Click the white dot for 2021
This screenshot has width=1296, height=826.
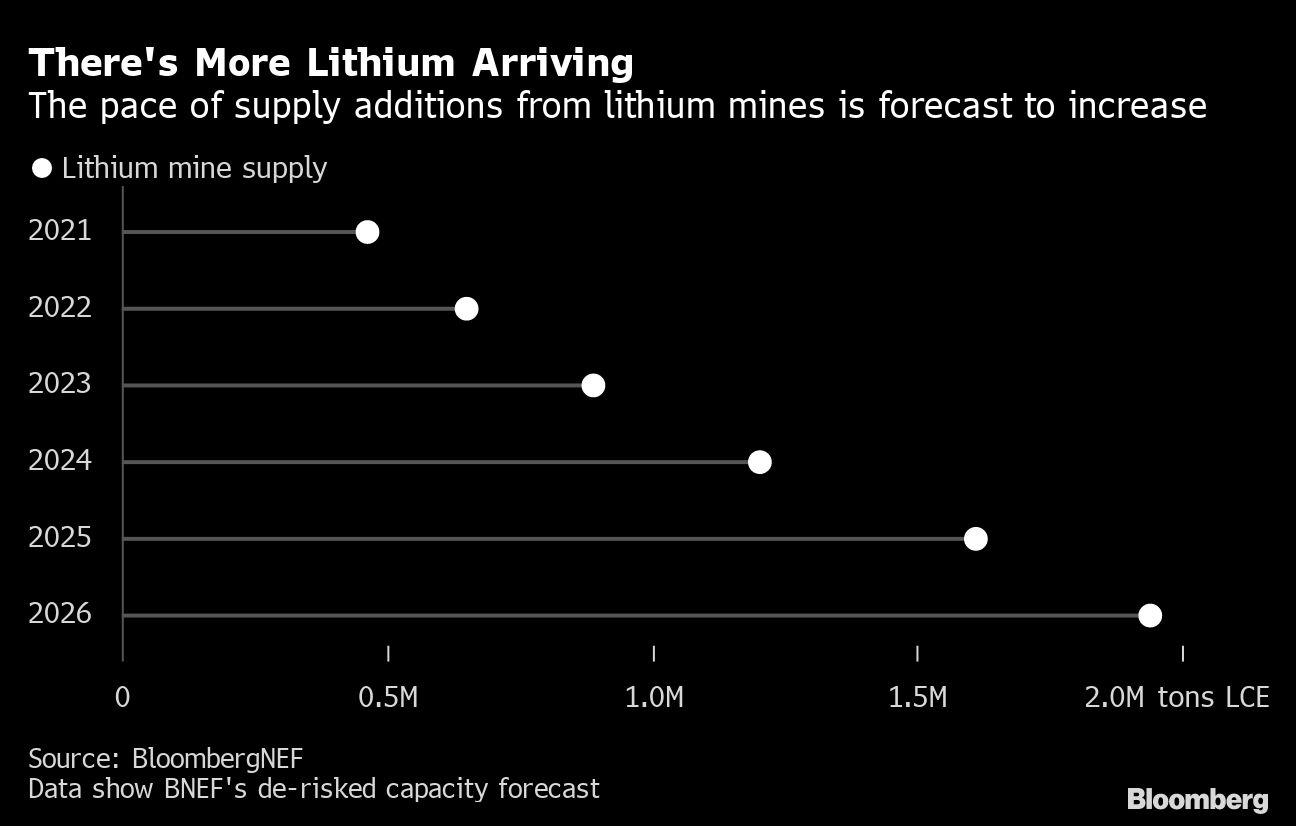tap(367, 232)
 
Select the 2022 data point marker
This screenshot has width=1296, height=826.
tap(466, 308)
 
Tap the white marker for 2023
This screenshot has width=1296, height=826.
tap(593, 385)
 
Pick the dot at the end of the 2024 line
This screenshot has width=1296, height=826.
tap(760, 462)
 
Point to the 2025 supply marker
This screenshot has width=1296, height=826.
tap(975, 539)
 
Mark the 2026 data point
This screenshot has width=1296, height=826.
tap(1150, 615)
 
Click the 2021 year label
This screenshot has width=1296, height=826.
tap(60, 231)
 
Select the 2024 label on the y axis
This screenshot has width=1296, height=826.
tap(60, 461)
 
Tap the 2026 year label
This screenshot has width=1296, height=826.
tap(60, 613)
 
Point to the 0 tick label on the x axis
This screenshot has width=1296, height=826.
tap(123, 697)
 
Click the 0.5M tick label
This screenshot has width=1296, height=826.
tap(388, 697)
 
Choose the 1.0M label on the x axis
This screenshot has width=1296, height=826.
tap(654, 697)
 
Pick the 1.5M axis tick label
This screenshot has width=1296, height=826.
tap(918, 697)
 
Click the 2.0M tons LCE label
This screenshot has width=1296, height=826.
tap(1177, 697)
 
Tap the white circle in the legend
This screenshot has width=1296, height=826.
tap(41, 168)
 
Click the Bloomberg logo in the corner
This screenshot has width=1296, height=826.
tap(1197, 799)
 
